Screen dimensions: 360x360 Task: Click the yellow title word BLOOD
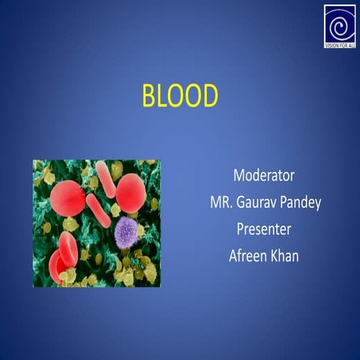point(179,97)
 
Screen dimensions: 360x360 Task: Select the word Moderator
point(263,176)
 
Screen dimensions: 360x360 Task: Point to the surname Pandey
point(301,203)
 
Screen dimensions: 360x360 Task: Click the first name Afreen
point(248,255)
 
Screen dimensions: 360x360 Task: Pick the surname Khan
point(285,255)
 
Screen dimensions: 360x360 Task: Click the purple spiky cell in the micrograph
point(126,232)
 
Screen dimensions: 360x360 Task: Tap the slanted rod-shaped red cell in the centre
point(98,210)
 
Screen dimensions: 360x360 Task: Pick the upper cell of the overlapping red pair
point(68,248)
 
